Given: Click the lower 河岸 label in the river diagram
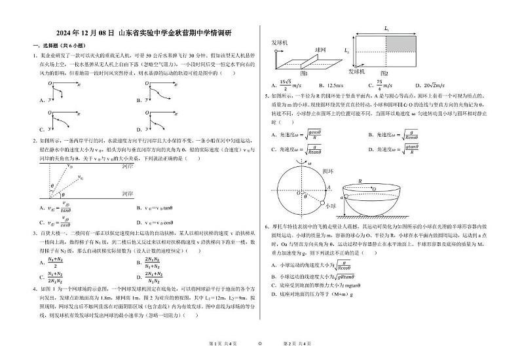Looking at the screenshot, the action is [128, 194].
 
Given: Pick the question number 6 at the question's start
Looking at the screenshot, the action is [267, 226].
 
